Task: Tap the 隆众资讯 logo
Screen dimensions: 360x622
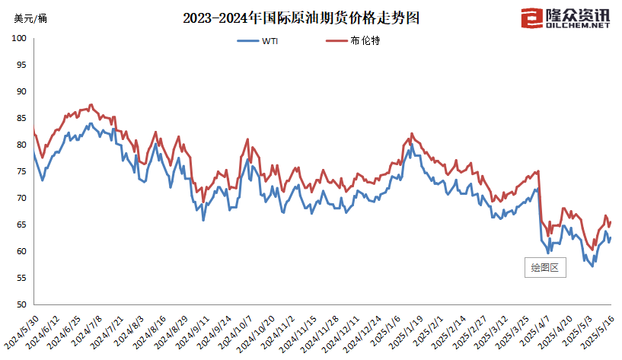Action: pyautogui.click(x=568, y=17)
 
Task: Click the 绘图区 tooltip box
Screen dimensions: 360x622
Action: pyautogui.click(x=545, y=267)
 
